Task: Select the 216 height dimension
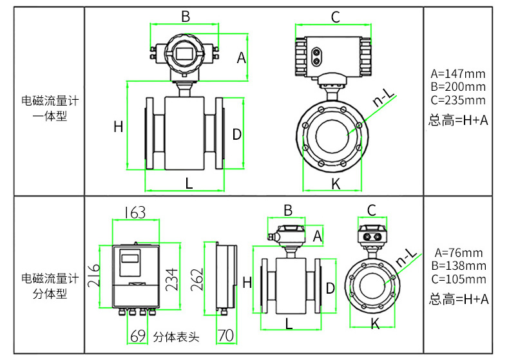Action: coord(94,276)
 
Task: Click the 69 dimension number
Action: coord(138,336)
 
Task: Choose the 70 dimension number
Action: coord(225,336)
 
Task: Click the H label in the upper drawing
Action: coord(118,127)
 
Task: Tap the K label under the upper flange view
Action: coord(336,184)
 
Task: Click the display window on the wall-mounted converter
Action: coord(130,258)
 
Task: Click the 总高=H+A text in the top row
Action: coord(458,120)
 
